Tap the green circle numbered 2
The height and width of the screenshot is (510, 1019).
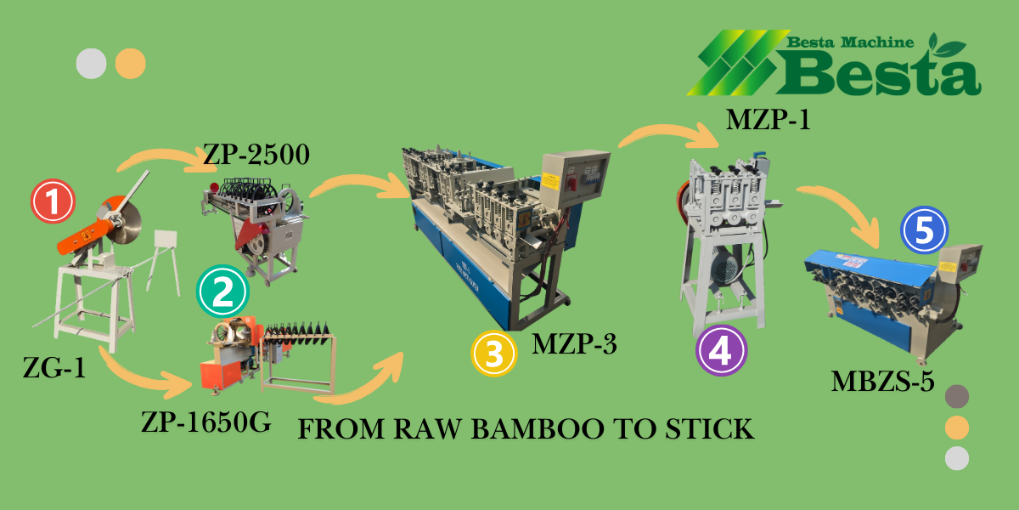[x=222, y=292]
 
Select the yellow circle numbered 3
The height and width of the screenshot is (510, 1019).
[x=495, y=353]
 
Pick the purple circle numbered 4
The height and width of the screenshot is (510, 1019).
[x=721, y=351]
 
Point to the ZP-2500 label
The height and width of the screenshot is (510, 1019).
[x=256, y=155]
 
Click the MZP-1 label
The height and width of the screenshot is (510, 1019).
[x=768, y=120]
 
